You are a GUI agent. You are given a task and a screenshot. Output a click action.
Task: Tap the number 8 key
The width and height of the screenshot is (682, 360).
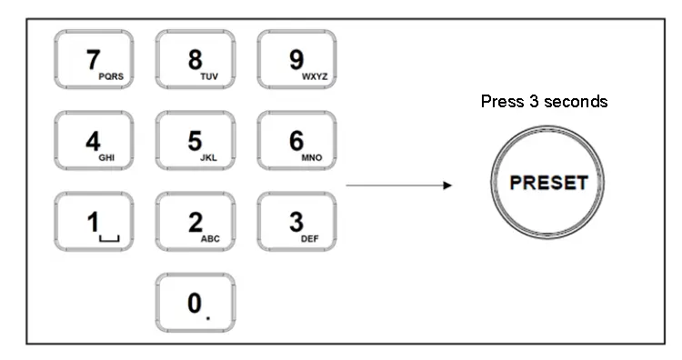195,61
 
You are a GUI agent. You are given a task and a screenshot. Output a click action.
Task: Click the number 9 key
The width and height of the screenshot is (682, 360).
296,61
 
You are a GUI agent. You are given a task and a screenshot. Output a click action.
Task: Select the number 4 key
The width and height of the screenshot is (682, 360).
94,142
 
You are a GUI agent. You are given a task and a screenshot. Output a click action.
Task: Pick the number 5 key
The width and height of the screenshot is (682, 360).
195,142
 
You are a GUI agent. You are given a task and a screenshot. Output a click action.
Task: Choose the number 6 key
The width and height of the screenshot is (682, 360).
296,142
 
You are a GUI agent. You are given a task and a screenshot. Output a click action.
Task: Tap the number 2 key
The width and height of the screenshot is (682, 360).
195,222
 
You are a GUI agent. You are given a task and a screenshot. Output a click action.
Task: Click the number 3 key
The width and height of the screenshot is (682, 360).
296,222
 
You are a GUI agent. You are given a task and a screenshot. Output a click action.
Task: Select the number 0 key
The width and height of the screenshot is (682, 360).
195,303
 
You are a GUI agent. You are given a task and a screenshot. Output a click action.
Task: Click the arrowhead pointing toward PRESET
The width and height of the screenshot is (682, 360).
446,185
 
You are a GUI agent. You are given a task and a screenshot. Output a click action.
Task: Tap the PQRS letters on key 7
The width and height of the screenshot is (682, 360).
111,78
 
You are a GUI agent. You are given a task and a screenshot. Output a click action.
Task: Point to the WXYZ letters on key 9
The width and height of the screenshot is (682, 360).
312,78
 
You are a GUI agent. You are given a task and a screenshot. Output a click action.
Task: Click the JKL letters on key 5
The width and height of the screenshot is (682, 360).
209,158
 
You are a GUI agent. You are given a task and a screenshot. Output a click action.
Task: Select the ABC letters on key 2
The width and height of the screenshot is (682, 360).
209,239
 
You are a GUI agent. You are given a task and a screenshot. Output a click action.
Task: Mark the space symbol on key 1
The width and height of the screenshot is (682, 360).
111,238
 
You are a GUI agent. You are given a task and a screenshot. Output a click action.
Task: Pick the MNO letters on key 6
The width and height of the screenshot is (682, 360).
312,158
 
